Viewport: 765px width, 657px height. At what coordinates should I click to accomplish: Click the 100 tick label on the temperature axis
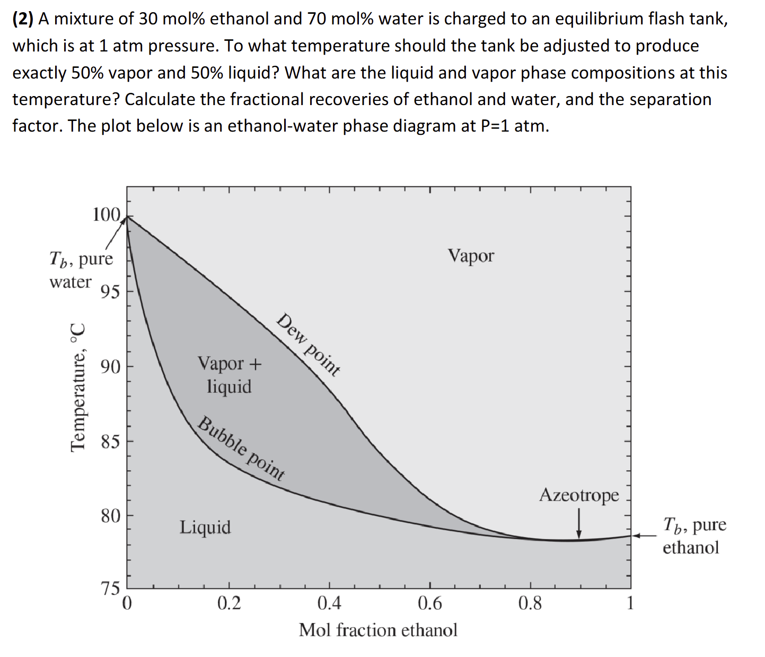107,215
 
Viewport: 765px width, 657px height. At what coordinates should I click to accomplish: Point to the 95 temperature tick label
111,292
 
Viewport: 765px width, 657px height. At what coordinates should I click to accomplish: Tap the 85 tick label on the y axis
111,442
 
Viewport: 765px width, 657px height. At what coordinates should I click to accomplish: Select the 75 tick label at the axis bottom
111,588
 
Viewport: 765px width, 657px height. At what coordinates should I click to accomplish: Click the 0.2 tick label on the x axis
229,603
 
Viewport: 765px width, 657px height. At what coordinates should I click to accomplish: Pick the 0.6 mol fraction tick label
429,603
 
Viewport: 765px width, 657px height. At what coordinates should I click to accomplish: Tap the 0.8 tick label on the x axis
530,603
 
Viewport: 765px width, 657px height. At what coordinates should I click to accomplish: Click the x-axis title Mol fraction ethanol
378,630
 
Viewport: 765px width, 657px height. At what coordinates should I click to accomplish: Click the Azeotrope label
579,495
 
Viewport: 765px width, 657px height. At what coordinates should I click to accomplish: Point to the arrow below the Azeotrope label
579,524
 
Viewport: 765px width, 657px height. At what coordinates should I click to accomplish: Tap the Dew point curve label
308,344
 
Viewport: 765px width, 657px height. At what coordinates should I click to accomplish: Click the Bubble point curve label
241,449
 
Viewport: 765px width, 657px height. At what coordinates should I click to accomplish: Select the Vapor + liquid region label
230,375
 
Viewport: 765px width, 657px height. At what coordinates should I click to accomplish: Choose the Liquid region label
205,527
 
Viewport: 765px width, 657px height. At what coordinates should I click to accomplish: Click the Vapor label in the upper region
471,256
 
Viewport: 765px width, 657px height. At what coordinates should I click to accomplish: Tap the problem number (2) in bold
23,19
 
